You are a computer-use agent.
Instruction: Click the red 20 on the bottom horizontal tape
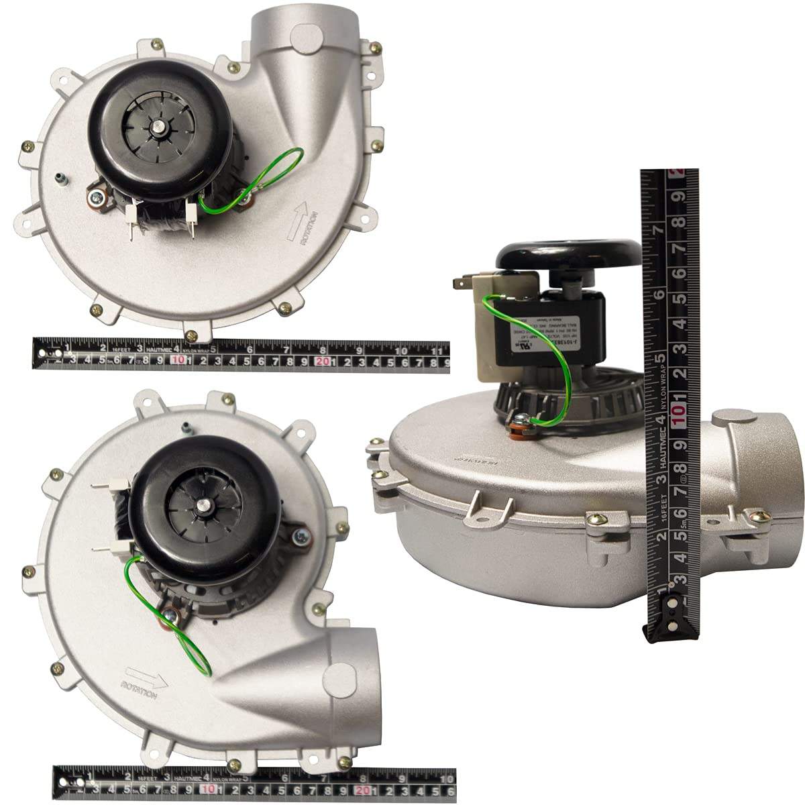(x=364, y=790)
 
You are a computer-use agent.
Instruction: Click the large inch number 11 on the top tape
(x=436, y=350)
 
